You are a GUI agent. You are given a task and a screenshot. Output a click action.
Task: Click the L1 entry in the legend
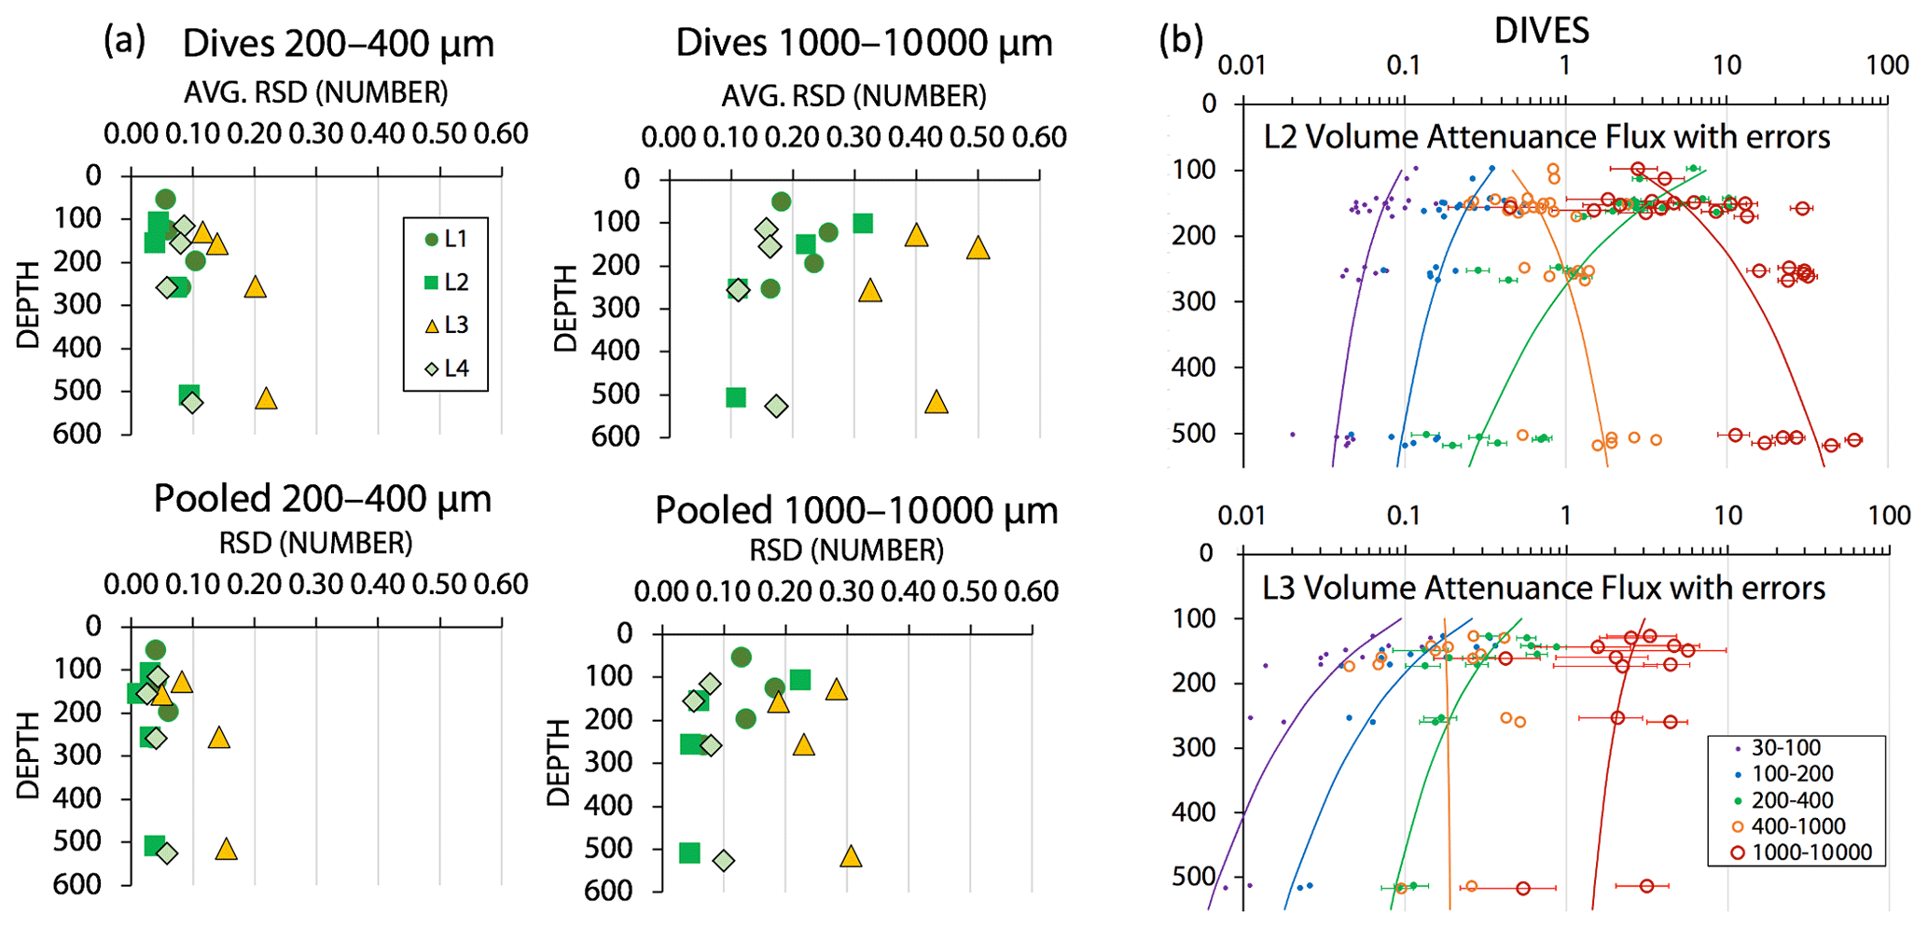(x=446, y=240)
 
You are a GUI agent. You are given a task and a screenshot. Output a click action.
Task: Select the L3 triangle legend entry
(x=446, y=325)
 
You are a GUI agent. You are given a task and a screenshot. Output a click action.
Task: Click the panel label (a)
(x=125, y=41)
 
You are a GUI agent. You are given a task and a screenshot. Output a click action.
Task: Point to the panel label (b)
(x=1181, y=41)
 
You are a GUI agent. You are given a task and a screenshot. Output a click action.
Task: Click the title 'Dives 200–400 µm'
(x=338, y=44)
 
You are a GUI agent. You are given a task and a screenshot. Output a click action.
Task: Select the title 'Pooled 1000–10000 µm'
(x=856, y=510)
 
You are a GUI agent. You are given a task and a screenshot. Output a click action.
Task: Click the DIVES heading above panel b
(x=1541, y=31)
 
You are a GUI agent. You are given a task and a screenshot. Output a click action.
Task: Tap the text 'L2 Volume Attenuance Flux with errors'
(x=1547, y=137)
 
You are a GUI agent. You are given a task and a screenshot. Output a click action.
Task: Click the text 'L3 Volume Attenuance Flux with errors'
(x=1544, y=589)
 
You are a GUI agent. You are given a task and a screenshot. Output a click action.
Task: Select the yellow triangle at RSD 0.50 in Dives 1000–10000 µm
(x=978, y=248)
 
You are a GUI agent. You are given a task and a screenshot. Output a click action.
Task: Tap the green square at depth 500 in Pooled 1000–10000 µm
(x=689, y=852)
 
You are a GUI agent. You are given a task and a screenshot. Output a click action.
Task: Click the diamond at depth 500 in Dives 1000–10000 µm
(x=776, y=407)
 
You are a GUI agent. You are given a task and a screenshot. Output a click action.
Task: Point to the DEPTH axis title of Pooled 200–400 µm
(x=29, y=755)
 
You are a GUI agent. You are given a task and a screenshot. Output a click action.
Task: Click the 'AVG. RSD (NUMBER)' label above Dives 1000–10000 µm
(x=853, y=96)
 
